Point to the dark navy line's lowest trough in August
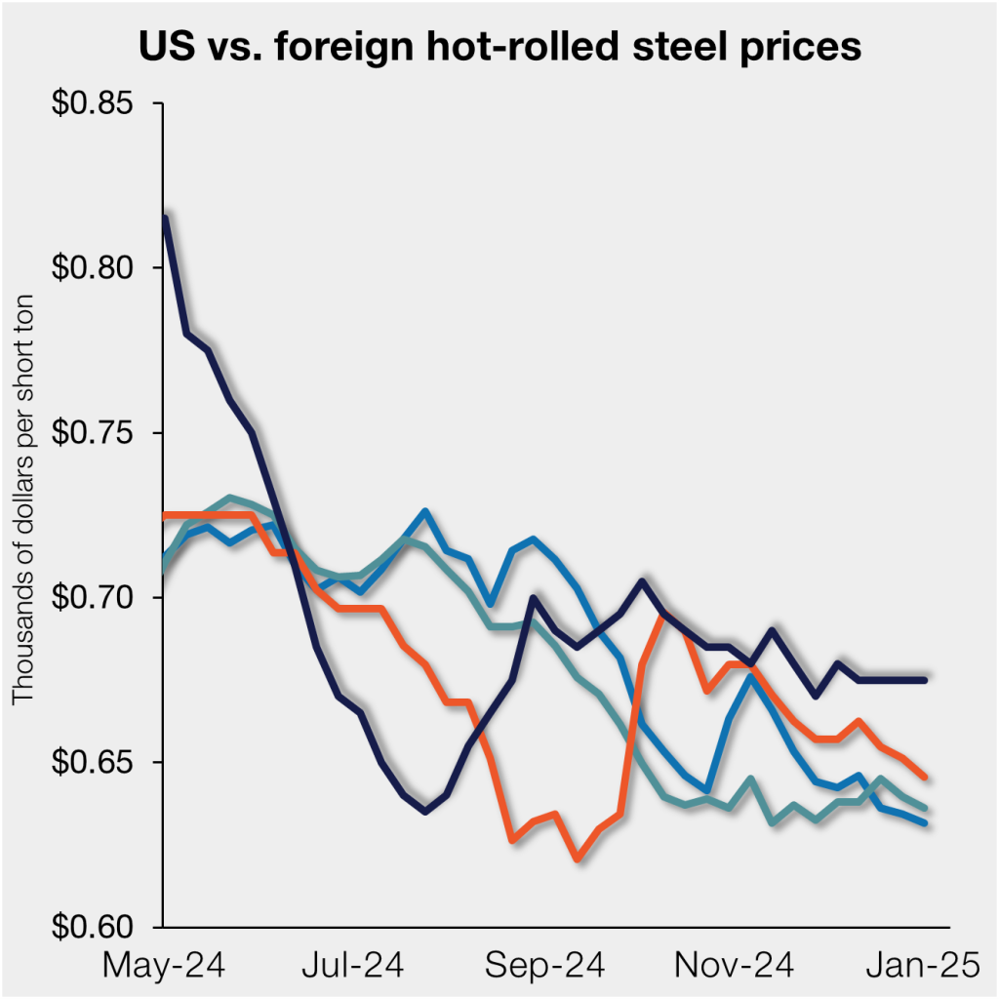425,811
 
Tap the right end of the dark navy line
924,679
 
